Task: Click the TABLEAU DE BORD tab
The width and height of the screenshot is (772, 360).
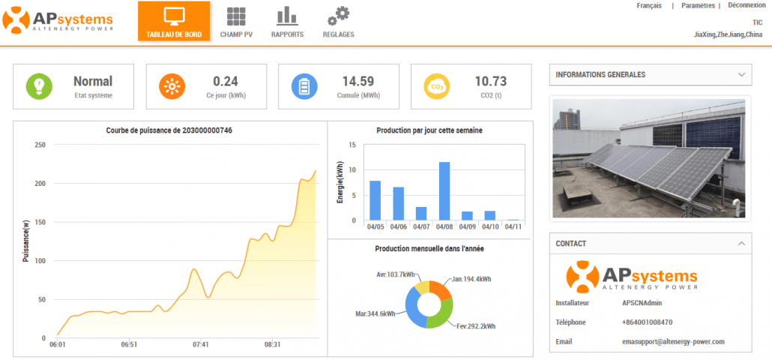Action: [x=174, y=22]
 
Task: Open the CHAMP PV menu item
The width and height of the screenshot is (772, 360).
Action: [x=237, y=22]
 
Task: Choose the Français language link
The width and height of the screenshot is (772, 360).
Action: [x=649, y=5]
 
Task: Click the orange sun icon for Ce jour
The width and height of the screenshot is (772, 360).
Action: [x=172, y=86]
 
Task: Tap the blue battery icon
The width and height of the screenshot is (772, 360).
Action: [x=304, y=86]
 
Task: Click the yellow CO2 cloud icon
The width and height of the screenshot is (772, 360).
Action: [x=436, y=86]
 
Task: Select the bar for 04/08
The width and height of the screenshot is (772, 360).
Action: [x=444, y=191]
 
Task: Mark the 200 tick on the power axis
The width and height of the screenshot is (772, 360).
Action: [x=40, y=184]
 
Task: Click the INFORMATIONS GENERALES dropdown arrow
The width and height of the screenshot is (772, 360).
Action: [x=741, y=75]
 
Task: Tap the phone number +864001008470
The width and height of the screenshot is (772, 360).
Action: [x=647, y=322]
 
